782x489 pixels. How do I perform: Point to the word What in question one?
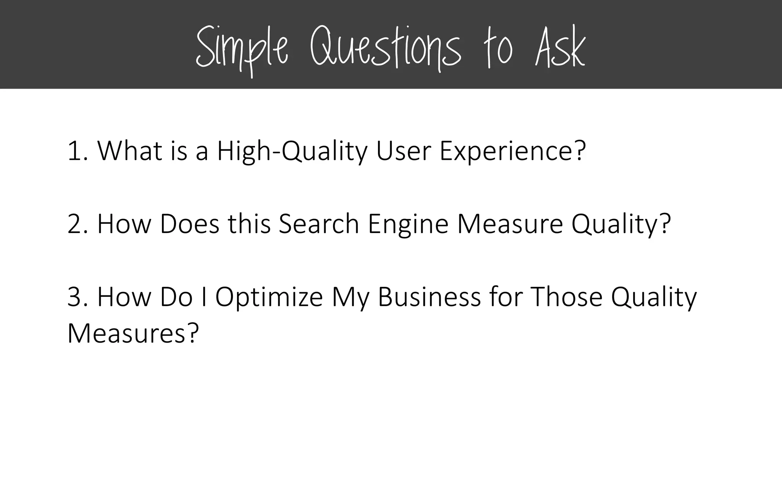coord(130,151)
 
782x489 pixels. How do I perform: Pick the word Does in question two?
coord(189,224)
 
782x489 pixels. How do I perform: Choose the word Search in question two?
coord(319,224)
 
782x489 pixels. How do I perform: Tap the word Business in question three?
coord(429,297)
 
